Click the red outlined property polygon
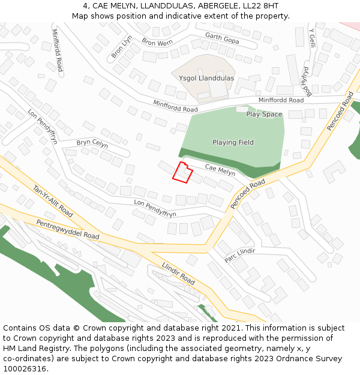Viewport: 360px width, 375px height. point(182,172)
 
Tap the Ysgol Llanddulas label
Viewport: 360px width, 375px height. point(206,78)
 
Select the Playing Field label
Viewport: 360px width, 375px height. point(233,142)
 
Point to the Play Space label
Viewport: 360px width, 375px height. point(264,114)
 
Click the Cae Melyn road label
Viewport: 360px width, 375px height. point(220,170)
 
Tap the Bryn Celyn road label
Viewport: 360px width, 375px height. point(92,143)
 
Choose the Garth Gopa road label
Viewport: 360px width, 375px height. point(222,38)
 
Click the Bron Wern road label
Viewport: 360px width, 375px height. point(157,43)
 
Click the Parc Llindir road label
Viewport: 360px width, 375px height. point(239,255)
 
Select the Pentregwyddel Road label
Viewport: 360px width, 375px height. point(68,228)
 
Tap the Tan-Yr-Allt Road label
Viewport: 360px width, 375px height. point(53,201)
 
